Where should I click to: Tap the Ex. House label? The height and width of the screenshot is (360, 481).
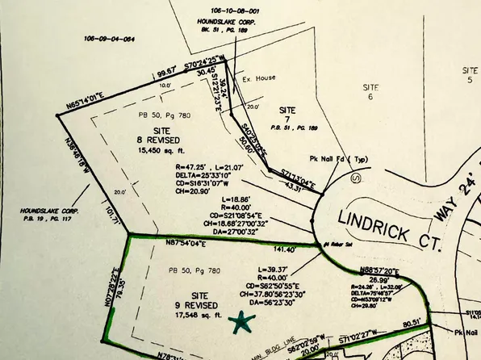256,81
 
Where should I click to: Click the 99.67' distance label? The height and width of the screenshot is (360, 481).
166,73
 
